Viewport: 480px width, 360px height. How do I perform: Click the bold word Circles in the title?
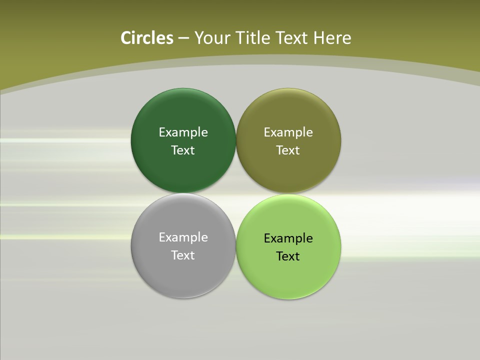(x=146, y=38)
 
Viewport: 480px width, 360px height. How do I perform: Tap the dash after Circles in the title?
(x=183, y=38)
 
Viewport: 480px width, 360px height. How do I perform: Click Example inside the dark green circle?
(x=183, y=132)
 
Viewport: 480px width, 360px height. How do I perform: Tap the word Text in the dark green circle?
(x=183, y=150)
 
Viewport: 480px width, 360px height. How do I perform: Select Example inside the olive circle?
(x=288, y=132)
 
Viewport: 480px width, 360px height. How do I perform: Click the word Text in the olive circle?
(x=288, y=150)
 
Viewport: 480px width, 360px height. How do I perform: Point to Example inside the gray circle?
(x=183, y=237)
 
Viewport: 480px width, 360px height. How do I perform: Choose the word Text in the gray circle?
(x=183, y=255)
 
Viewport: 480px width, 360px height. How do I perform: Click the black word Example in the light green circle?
(x=288, y=238)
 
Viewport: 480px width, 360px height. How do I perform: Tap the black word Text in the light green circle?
(x=288, y=256)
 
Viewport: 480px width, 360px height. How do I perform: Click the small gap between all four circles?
(x=236, y=193)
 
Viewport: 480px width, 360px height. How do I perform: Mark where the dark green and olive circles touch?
(x=236, y=140)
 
